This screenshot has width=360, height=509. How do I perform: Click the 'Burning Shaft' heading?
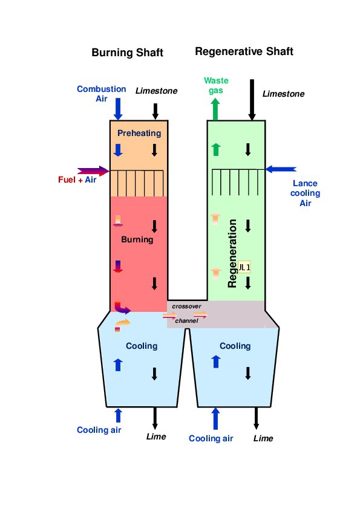(x=127, y=53)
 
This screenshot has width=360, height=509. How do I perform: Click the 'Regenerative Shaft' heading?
(x=244, y=51)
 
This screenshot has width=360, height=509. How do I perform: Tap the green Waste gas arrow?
(x=215, y=109)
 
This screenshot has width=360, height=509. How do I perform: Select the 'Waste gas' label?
(x=215, y=85)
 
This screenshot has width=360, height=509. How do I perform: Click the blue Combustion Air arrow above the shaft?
(x=119, y=108)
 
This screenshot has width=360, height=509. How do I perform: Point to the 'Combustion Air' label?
(x=101, y=94)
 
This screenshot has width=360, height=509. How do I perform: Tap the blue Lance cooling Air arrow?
(x=281, y=169)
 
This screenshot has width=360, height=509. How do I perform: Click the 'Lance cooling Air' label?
(x=305, y=193)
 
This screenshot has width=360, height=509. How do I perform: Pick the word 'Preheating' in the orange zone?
(x=139, y=133)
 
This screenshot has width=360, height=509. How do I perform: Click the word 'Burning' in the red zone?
(x=137, y=239)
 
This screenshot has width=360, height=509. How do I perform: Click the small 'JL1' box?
(x=244, y=267)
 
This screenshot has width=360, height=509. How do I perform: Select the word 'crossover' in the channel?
(x=186, y=306)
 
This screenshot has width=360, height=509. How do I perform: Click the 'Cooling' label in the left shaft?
(x=141, y=346)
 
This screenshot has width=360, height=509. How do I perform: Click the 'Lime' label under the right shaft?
(x=263, y=438)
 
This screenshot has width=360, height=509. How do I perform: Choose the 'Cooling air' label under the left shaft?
(x=99, y=430)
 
